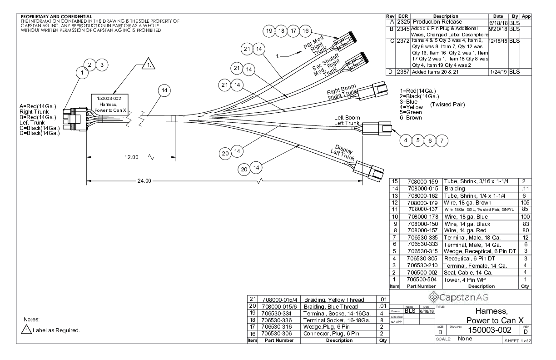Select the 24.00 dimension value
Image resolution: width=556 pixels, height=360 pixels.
144,181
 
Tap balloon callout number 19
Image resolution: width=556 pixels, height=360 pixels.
270,31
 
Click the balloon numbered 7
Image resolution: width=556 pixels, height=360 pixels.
440,140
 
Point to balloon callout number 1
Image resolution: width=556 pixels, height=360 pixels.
82,72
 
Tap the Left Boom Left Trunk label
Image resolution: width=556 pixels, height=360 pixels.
347,120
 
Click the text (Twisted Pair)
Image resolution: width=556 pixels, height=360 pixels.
447,104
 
